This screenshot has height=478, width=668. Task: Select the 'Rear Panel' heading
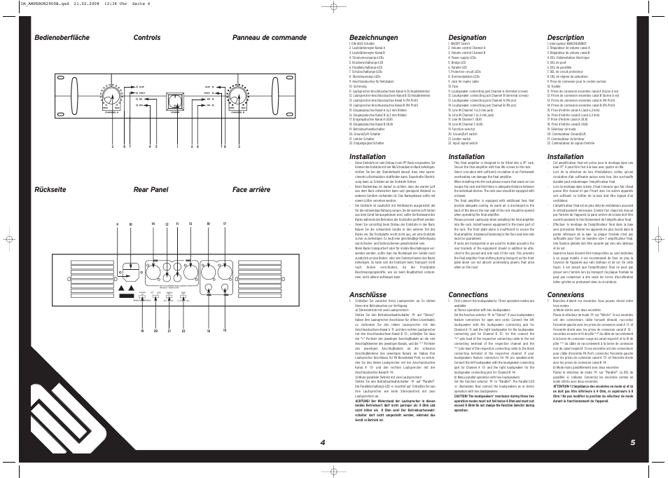(x=151, y=190)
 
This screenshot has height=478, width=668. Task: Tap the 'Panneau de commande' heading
(x=270, y=38)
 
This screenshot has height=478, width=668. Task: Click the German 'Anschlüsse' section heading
(x=367, y=295)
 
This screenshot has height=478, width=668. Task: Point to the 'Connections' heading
(x=468, y=295)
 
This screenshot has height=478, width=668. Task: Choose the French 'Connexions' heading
(x=566, y=295)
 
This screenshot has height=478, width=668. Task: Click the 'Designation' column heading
(x=467, y=38)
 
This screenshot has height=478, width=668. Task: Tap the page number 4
(x=323, y=442)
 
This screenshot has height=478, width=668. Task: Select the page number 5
(x=632, y=442)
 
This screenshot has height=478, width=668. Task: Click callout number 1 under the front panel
(x=177, y=146)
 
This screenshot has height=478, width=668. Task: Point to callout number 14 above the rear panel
(x=153, y=244)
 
